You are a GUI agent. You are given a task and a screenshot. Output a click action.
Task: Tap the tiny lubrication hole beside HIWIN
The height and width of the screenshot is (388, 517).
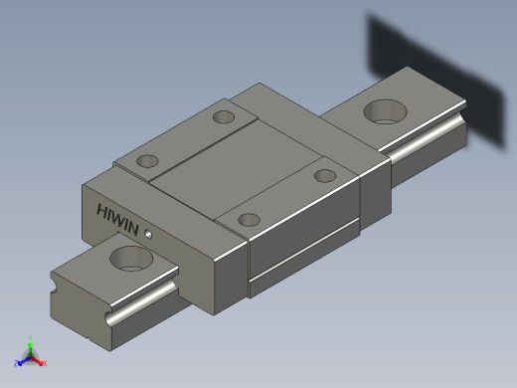point(148,235)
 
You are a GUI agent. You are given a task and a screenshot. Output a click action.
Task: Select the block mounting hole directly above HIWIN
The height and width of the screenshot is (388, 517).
point(147,161)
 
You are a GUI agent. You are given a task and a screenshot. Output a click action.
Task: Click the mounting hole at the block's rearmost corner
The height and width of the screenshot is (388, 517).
point(223,117)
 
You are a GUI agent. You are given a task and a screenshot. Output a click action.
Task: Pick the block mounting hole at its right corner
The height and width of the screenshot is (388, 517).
point(324,176)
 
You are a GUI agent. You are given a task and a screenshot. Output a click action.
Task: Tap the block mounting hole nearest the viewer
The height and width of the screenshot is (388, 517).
point(250,219)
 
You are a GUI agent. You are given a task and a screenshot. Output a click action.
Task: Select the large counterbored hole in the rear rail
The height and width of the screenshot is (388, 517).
point(382,110)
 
